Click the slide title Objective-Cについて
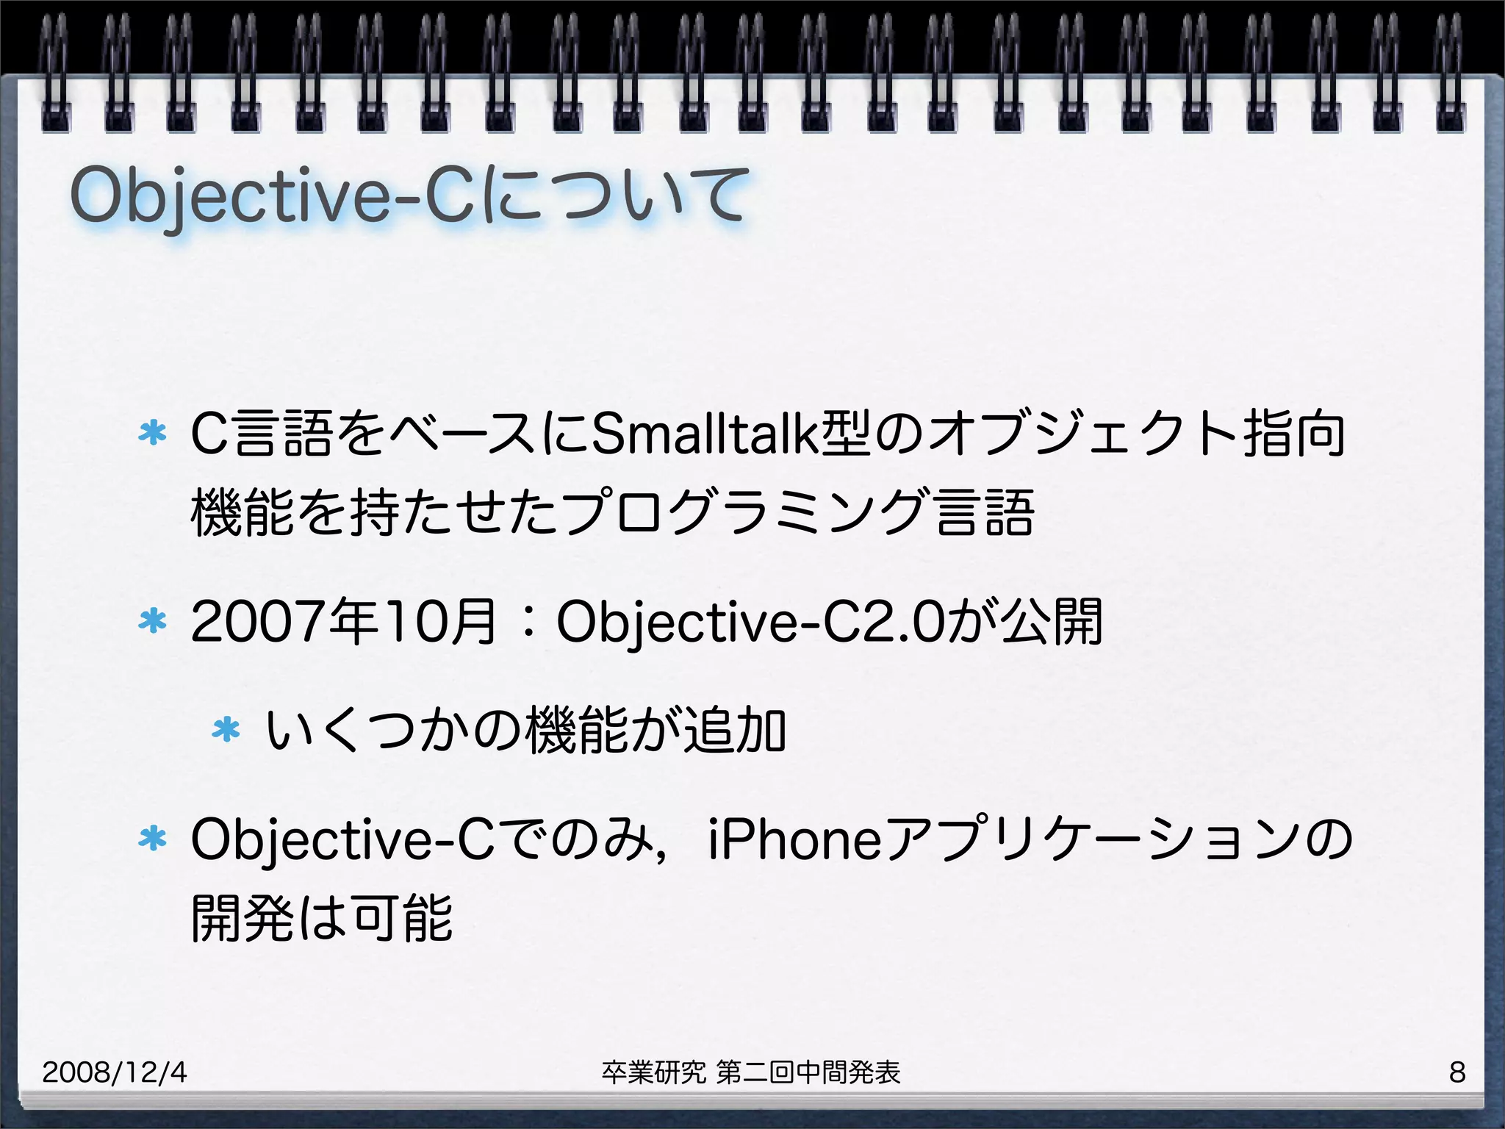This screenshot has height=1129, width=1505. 409,196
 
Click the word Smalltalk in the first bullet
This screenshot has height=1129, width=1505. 705,434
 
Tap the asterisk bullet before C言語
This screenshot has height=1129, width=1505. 153,433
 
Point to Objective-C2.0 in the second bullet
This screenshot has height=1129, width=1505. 750,622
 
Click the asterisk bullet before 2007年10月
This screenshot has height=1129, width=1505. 153,622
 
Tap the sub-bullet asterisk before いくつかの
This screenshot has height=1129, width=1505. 226,730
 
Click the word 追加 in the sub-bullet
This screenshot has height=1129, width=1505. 735,730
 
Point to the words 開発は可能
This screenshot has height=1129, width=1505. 321,918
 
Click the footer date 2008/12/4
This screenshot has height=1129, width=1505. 115,1072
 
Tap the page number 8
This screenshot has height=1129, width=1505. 1457,1072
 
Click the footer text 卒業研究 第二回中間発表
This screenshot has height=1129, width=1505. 750,1072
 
